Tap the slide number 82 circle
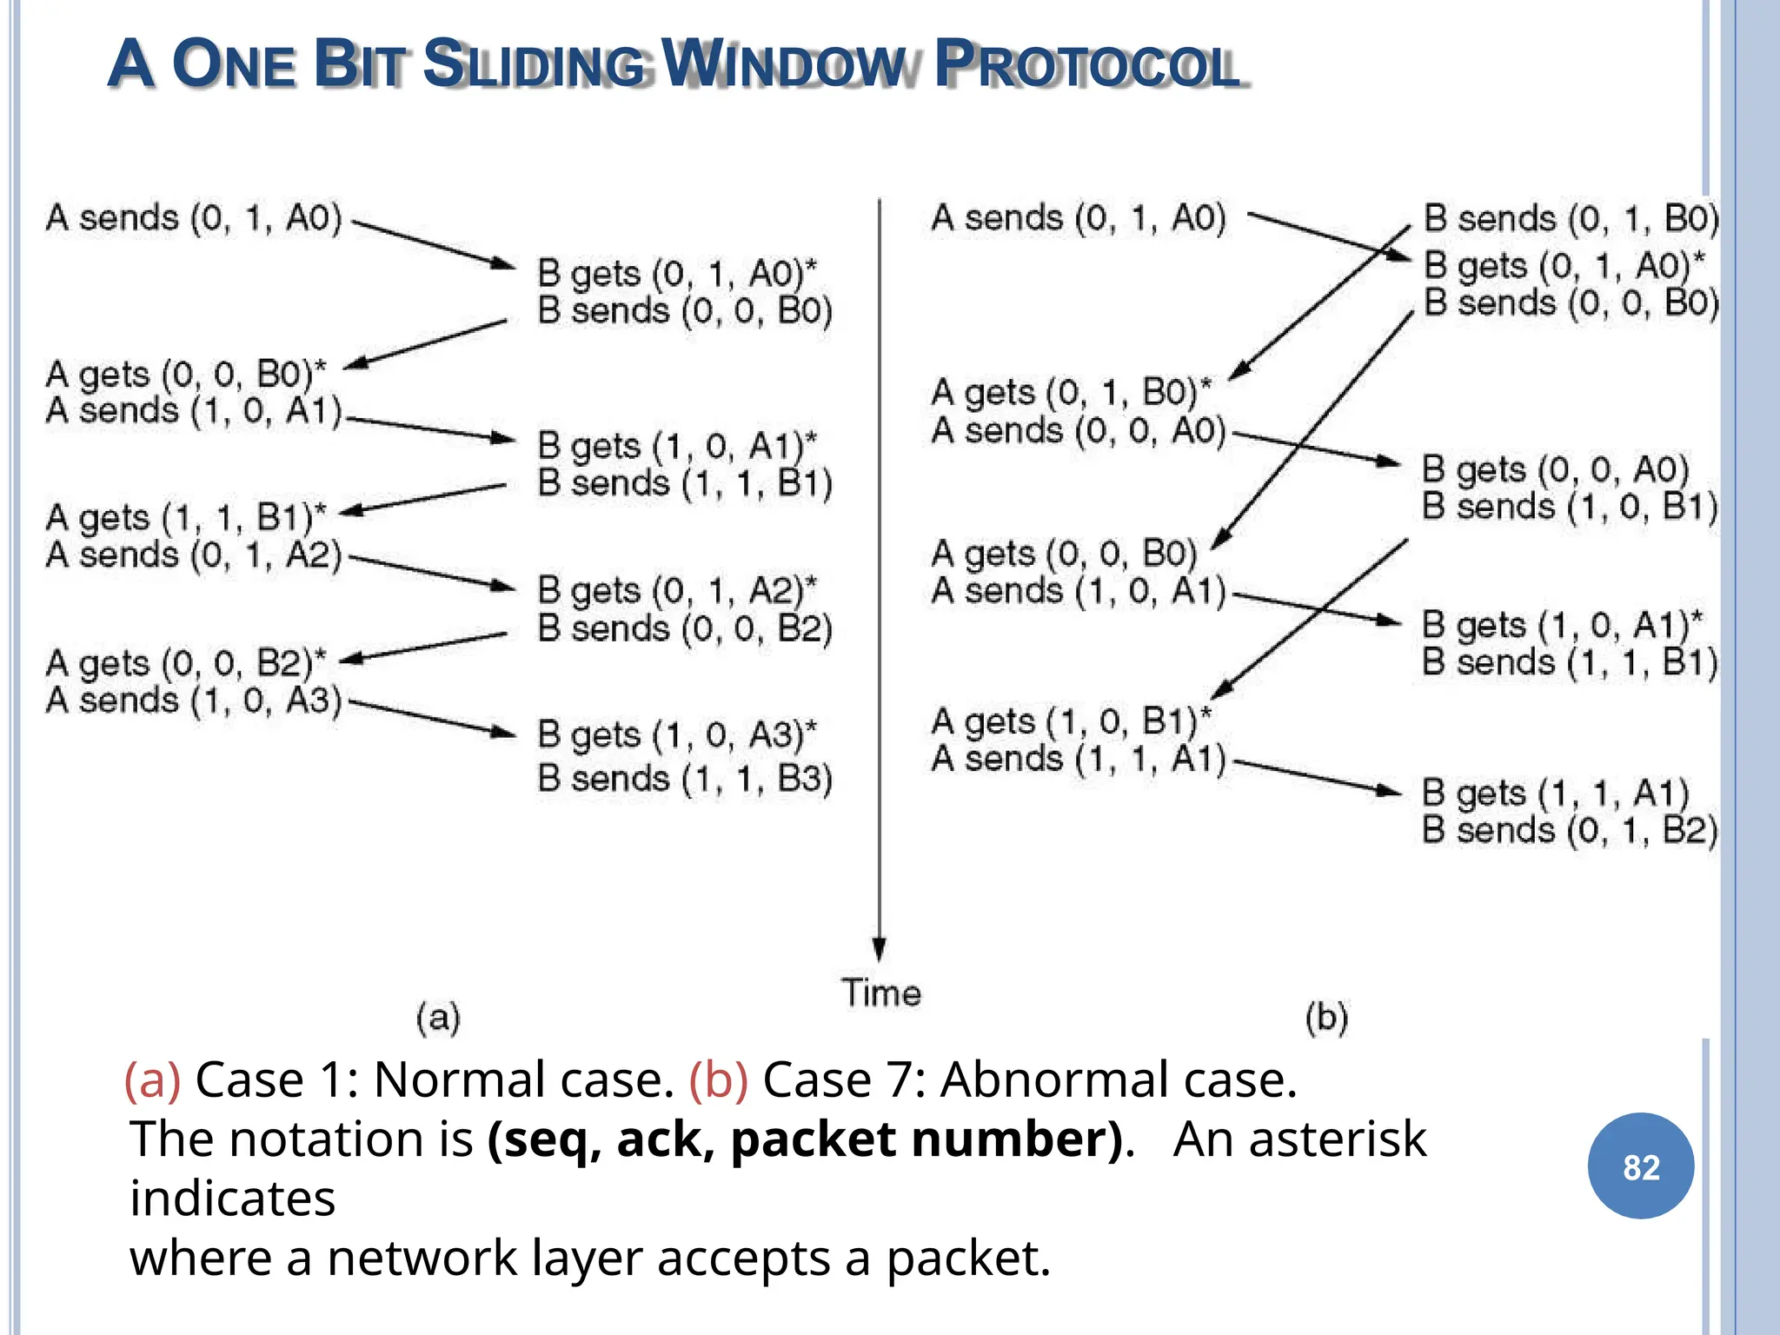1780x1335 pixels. [1640, 1166]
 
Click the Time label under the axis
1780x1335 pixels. [880, 993]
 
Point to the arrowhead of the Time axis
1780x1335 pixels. [879, 949]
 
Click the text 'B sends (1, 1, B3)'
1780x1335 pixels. [684, 778]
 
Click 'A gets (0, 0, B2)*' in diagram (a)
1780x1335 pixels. [185, 663]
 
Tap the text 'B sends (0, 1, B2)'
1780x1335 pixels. [1569, 830]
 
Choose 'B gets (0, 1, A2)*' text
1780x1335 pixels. [676, 591]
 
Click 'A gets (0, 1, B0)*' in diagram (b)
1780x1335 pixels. [1070, 393]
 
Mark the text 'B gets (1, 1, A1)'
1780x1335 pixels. [1555, 793]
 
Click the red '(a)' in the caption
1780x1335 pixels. [152, 1080]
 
